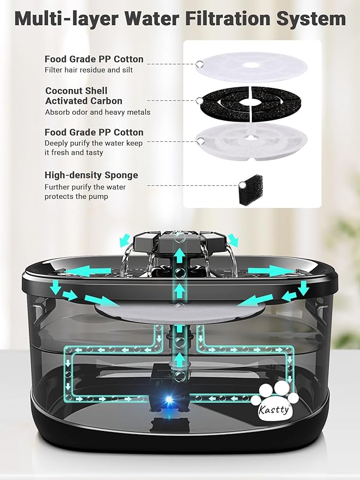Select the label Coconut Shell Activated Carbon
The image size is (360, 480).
[84, 96]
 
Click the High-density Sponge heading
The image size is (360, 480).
[91, 175]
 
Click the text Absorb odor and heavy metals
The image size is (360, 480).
[97, 112]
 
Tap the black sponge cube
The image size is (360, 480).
[252, 188]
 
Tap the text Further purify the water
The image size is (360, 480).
[85, 187]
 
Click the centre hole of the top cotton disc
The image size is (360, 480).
[251, 66]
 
